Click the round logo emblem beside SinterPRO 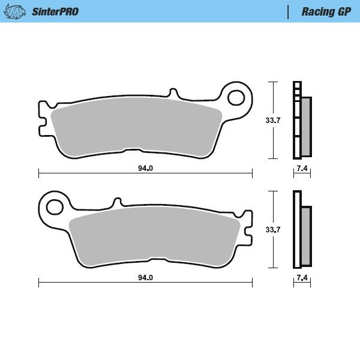[18, 11]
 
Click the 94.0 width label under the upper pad [145, 168]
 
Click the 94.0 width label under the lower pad [145, 278]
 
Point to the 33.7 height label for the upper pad [273, 120]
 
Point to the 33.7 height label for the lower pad [273, 229]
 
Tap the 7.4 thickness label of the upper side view [302, 168]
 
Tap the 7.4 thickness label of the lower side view [302, 278]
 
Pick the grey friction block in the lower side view [306, 236]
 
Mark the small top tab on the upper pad [173, 94]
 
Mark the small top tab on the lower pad [118, 203]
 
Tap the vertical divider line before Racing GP [289, 11]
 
